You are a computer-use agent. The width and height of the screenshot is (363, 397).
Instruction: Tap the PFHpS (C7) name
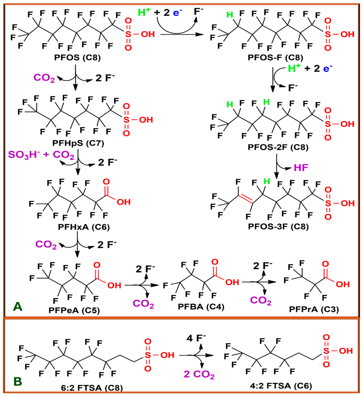point(78,143)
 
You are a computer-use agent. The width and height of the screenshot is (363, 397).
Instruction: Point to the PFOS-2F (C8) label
point(278,147)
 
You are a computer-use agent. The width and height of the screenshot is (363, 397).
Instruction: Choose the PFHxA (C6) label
point(84,227)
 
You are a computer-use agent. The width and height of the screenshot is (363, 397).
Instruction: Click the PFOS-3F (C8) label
point(278,227)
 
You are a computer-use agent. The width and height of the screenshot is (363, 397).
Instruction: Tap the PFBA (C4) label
point(201,307)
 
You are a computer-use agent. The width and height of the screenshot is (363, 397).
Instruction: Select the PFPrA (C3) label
point(314,309)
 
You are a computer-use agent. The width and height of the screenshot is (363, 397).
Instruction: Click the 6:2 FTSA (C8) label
point(92,388)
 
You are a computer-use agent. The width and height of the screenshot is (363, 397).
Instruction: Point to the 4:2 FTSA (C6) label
point(281,386)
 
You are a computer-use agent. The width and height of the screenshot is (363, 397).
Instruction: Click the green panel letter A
point(18,307)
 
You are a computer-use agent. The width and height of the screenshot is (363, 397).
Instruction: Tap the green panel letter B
point(18,381)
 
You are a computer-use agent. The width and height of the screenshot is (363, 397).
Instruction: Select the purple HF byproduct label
point(301,168)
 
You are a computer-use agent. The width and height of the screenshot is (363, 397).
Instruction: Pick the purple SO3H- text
point(23,155)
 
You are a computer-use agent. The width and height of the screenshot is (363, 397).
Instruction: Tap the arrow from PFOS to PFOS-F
point(182,35)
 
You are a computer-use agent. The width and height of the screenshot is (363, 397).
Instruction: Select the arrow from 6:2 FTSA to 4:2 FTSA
point(196,355)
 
